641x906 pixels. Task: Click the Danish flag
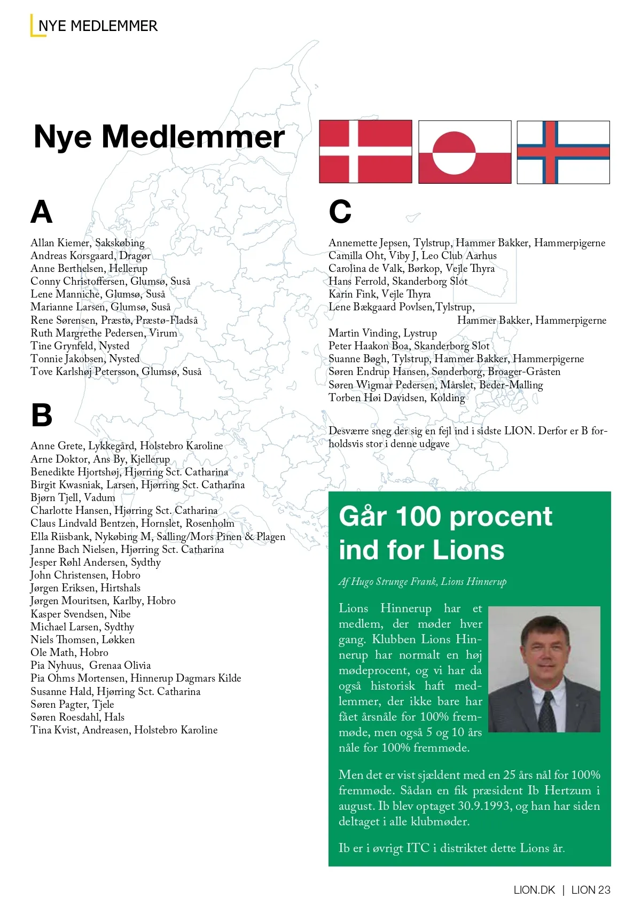(x=365, y=152)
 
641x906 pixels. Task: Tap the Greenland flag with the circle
(x=464, y=152)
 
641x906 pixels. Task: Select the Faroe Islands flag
(x=563, y=152)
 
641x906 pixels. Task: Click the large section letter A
(x=42, y=212)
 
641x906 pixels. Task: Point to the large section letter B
(x=42, y=415)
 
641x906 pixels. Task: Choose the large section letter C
(x=340, y=212)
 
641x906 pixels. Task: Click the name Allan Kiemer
(x=60, y=243)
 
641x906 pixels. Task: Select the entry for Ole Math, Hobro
(x=69, y=652)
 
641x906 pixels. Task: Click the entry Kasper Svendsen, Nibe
(x=81, y=614)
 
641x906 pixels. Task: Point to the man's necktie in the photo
(x=548, y=713)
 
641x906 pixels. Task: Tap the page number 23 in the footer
(x=604, y=890)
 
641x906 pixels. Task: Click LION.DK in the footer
(x=534, y=890)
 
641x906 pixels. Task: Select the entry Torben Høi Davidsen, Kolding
(x=396, y=398)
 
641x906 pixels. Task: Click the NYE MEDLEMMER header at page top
(x=98, y=26)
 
